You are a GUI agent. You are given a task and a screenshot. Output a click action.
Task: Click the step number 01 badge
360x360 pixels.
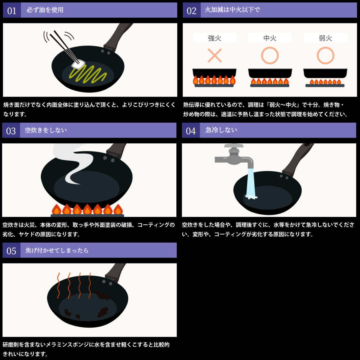(12, 10)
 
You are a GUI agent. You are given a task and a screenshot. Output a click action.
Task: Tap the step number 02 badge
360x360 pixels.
(191, 10)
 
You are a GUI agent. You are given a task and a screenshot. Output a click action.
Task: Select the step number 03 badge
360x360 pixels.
(11, 130)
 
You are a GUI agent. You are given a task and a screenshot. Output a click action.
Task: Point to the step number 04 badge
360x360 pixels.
(191, 130)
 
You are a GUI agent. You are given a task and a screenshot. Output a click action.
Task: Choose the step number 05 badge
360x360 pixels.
(11, 250)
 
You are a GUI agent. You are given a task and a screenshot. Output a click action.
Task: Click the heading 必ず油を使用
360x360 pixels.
(45, 10)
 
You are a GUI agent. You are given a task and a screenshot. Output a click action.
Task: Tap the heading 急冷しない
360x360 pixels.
(221, 130)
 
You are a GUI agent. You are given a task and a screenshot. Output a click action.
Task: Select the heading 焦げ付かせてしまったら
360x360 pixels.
(57, 250)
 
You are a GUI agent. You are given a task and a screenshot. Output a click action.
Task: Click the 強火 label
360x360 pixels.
(214, 38)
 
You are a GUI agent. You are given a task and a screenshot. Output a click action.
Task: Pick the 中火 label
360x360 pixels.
(270, 38)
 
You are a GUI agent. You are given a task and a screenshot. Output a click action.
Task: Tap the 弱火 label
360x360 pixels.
(325, 38)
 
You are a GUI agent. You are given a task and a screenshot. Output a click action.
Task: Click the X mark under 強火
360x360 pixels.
(215, 55)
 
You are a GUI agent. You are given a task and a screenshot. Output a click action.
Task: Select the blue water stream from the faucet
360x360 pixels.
(250, 184)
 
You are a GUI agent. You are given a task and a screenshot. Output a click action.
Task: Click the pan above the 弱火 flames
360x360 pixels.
(325, 73)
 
